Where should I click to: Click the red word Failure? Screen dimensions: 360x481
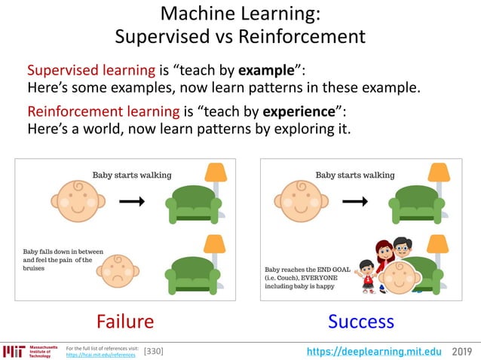click(125, 322)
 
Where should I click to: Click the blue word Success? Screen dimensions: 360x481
click(360, 322)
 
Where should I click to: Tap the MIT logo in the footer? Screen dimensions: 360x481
click(14, 351)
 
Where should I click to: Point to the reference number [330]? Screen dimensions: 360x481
click(153, 351)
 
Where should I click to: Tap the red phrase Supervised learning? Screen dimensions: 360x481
click(90, 71)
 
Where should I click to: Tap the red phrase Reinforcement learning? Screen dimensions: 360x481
click(103, 111)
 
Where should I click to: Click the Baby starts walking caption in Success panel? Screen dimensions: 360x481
click(355, 175)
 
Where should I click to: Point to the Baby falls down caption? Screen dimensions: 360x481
click(57, 259)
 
